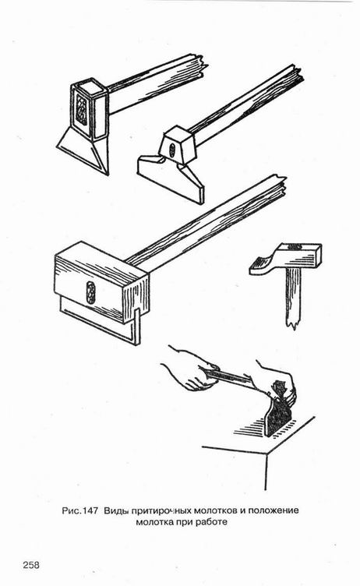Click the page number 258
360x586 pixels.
[x=31, y=565]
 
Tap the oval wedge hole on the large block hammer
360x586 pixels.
[x=90, y=293]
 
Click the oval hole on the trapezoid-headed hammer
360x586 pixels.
[x=171, y=151]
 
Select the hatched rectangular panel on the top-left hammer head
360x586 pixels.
[x=82, y=108]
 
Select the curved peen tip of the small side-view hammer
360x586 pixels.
[x=258, y=266]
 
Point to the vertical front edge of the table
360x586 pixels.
[x=266, y=471]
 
